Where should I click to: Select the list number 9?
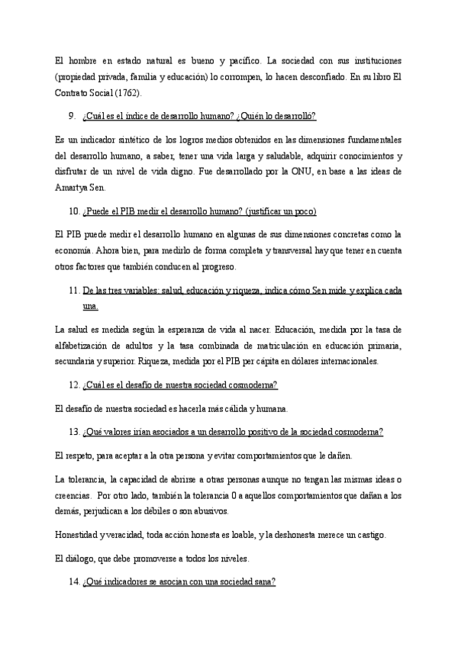click(71, 115)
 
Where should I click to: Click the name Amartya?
click(73, 188)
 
